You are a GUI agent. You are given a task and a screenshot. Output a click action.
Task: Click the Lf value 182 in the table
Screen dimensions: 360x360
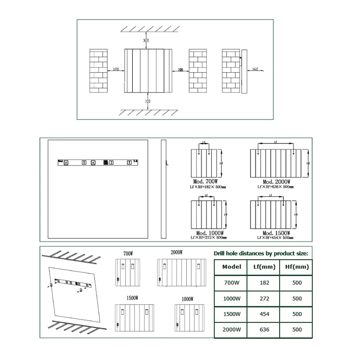[x=264, y=283]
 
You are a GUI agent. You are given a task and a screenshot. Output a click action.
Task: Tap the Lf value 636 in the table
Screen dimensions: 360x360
[x=264, y=329]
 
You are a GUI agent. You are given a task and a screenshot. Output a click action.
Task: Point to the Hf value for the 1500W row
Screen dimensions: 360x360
[x=297, y=314]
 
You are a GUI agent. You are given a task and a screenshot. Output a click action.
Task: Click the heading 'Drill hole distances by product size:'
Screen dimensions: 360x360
[x=261, y=253]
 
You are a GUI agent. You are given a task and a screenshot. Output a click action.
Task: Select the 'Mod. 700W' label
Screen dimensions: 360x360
[x=206, y=182]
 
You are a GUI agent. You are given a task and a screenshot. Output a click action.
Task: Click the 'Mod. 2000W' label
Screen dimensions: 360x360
[x=276, y=182]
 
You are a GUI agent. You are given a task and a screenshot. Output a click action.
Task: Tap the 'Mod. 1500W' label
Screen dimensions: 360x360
[x=276, y=233]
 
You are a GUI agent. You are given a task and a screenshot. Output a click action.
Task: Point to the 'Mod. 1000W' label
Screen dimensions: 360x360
[x=209, y=233]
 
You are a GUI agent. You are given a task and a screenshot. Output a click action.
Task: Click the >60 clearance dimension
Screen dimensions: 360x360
[x=255, y=69]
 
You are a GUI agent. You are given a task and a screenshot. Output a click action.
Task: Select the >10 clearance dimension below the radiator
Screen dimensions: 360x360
[x=148, y=102]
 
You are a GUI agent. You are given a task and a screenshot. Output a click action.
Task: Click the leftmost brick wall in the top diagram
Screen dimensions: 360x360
[x=98, y=71]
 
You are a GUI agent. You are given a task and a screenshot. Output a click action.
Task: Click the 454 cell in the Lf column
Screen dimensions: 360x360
[x=264, y=314]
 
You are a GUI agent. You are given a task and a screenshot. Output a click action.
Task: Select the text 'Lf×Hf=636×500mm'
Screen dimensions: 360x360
[x=275, y=187]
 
